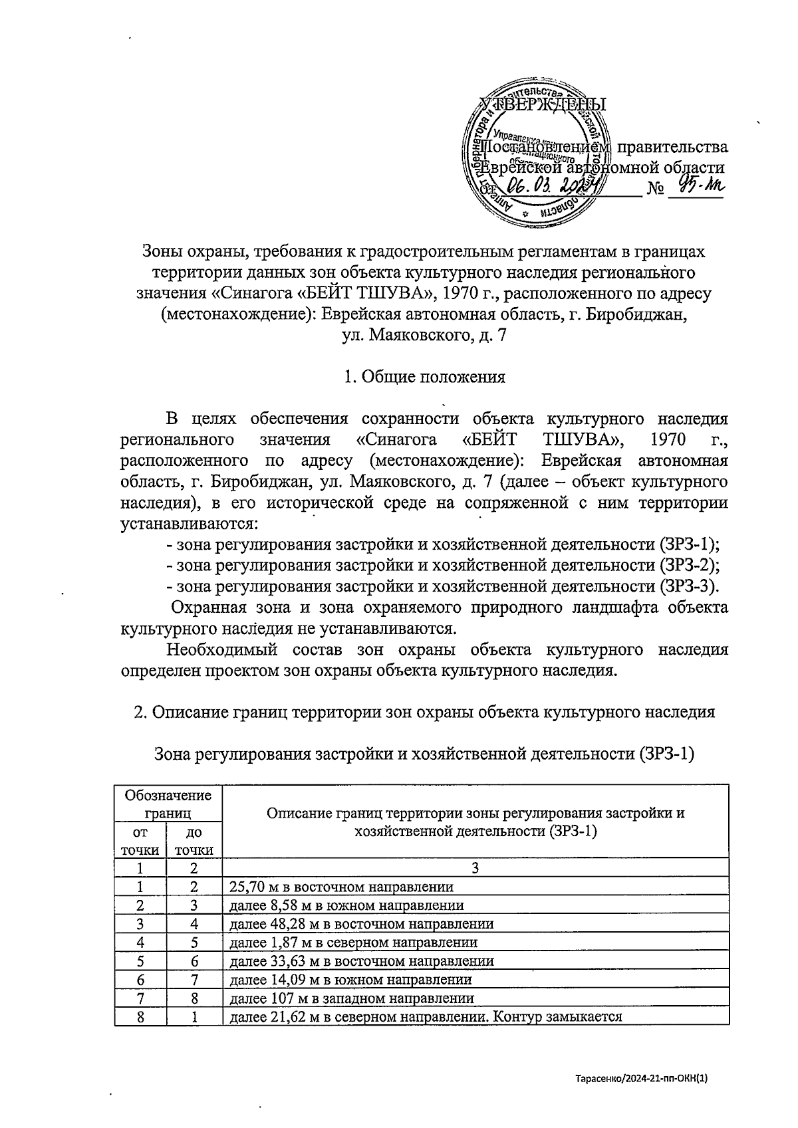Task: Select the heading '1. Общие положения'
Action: point(424,378)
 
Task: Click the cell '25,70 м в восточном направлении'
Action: point(341,887)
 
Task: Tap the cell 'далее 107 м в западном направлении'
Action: point(351,998)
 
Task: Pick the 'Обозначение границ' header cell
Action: point(168,804)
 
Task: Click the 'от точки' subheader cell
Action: point(140,841)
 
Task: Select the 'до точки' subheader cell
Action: point(194,841)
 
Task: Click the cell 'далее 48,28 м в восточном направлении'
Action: point(361,924)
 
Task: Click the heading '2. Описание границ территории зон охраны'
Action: point(424,712)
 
